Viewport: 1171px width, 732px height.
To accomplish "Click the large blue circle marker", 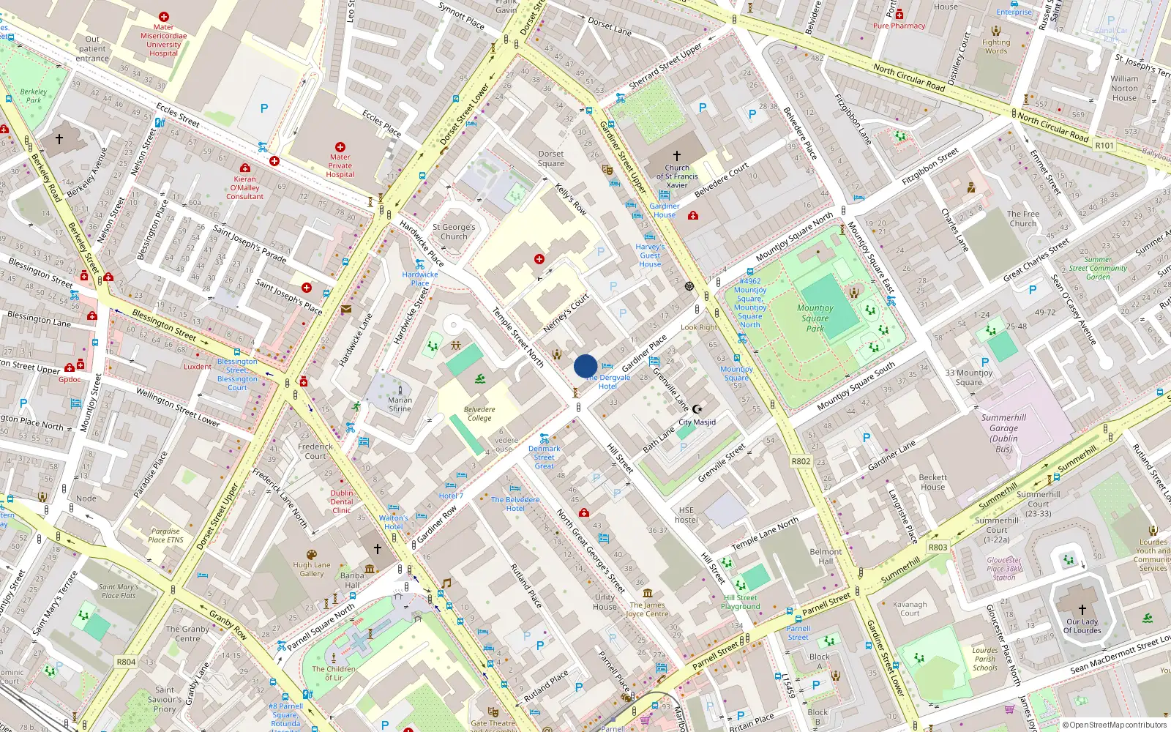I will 585,366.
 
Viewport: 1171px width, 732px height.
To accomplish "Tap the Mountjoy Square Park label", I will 815,318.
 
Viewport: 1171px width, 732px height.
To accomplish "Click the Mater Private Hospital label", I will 340,165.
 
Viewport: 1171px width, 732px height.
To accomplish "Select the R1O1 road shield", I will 1104,146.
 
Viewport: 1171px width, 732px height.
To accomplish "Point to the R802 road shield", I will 801,461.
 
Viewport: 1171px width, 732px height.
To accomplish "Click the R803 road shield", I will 938,547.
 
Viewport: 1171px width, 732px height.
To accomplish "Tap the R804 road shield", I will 126,662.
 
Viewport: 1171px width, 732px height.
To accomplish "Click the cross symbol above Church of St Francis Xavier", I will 677,156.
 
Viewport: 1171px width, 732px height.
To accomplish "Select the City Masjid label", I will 697,422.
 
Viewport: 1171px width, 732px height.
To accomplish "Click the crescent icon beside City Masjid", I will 697,409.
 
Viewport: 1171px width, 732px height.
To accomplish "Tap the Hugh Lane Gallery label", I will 312,569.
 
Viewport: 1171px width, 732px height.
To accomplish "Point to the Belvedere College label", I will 479,414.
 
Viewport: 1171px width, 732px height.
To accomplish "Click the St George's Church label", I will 454,231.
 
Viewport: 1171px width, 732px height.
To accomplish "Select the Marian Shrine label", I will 400,404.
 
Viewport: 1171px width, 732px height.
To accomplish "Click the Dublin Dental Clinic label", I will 342,501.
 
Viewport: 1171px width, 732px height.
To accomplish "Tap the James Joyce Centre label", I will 647,609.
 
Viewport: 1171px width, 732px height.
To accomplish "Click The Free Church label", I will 1023,219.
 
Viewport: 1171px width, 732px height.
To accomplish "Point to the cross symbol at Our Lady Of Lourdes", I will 1082,609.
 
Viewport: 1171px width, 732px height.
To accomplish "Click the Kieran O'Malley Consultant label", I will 244,187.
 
